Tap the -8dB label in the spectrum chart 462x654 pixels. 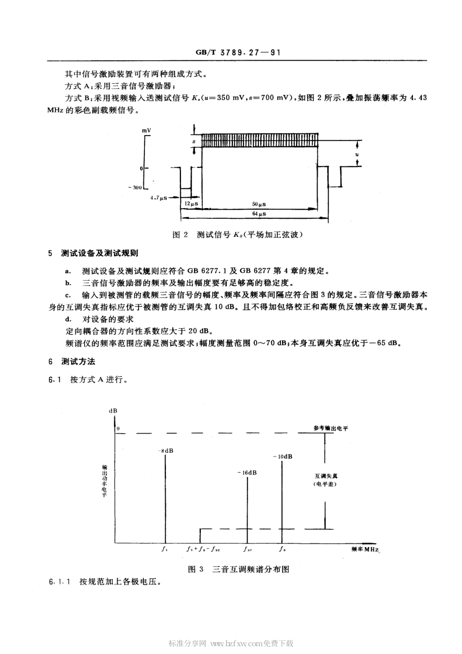(166, 450)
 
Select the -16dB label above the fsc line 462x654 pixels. (248, 473)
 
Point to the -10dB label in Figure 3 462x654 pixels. (283, 457)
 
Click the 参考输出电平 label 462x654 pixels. (331, 428)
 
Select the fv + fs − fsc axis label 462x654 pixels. (203, 549)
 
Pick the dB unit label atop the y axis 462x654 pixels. (113, 410)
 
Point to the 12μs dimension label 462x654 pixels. (191, 203)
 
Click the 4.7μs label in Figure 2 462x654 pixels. (159, 198)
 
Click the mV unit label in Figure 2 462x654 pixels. (146, 131)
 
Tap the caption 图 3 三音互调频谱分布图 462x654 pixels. (238, 569)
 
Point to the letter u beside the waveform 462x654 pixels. (357, 155)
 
